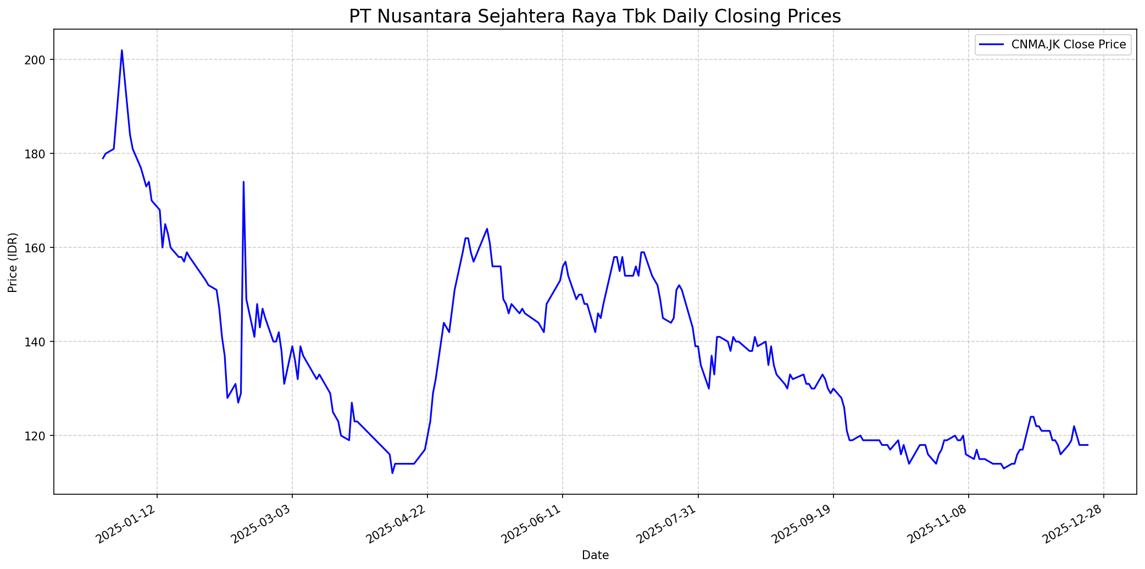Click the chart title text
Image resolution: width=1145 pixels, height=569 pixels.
pos(594,16)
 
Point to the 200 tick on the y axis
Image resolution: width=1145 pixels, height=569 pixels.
pos(39,59)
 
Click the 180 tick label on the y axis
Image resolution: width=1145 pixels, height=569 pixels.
pos(39,153)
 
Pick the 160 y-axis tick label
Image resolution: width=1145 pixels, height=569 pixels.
pos(39,247)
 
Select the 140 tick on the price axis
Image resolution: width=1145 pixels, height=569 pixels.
pos(39,341)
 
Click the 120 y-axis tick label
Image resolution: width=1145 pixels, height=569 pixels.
pos(39,435)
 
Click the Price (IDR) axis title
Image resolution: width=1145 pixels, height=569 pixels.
pos(13,262)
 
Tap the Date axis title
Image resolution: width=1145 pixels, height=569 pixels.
pos(595,555)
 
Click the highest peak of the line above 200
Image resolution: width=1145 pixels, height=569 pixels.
pos(122,51)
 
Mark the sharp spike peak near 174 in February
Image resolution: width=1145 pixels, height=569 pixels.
pos(243,182)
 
